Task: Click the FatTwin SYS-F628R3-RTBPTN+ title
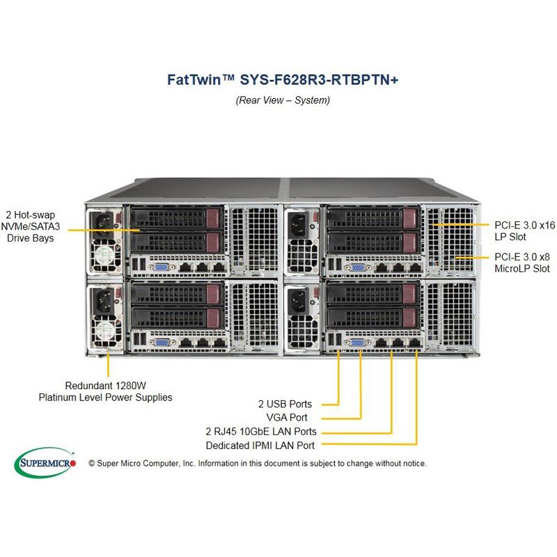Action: [282, 79]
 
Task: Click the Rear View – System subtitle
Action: [283, 100]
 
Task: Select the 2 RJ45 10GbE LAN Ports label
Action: [261, 432]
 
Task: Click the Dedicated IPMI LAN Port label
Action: [260, 446]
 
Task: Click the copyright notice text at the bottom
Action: [258, 463]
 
